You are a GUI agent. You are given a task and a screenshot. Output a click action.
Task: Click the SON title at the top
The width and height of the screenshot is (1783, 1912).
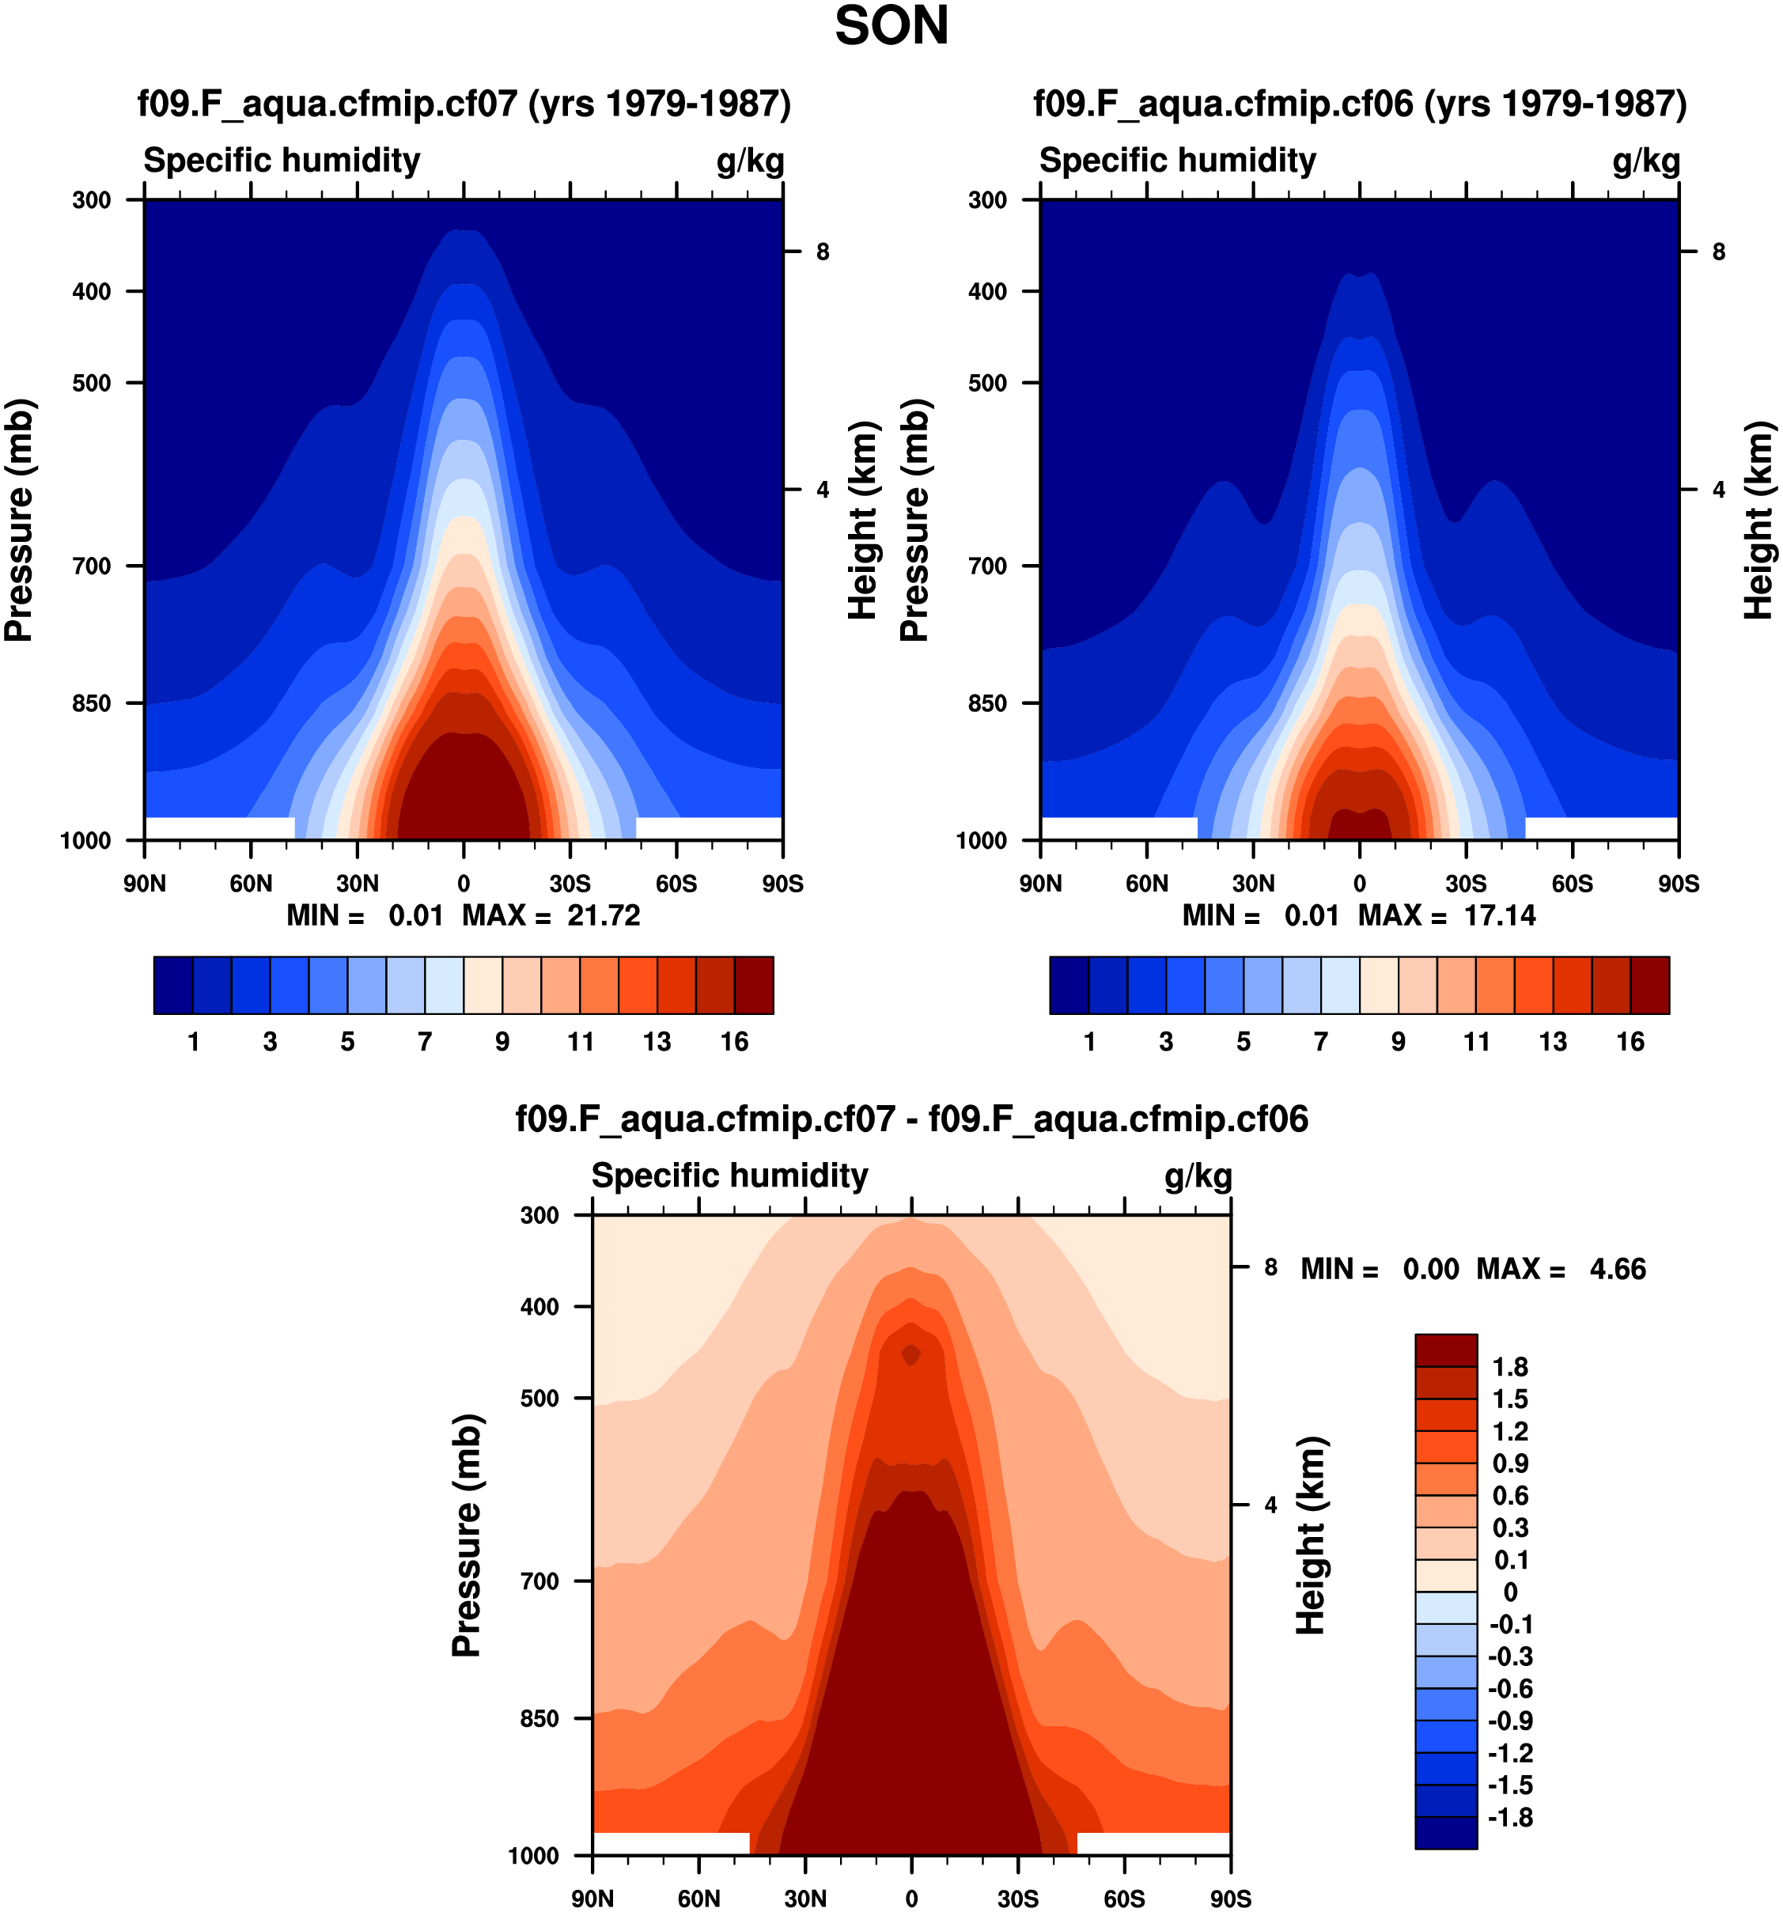tap(891, 27)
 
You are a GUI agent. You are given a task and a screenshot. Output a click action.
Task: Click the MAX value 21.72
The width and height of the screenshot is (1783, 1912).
tap(603, 914)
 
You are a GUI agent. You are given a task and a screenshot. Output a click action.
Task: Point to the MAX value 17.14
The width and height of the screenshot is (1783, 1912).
tap(1499, 914)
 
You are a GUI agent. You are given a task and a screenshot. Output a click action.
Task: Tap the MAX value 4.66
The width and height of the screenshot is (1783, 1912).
tap(1618, 1269)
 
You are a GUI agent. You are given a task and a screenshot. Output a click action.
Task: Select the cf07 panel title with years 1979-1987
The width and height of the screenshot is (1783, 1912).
tap(464, 103)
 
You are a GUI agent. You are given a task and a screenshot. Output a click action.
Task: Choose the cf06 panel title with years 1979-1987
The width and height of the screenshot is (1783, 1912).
tap(1360, 103)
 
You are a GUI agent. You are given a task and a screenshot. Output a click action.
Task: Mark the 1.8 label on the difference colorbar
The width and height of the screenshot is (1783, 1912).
tap(1510, 1367)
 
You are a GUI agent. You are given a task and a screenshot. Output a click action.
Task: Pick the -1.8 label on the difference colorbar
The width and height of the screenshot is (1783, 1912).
tap(1509, 1817)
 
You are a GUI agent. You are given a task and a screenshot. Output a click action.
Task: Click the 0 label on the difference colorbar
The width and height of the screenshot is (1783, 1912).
tap(1510, 1592)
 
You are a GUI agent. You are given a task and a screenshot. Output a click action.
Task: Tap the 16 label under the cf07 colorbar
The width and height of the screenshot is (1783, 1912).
tap(735, 1042)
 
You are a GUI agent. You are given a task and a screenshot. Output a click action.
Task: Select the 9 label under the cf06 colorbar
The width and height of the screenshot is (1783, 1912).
tap(1399, 1042)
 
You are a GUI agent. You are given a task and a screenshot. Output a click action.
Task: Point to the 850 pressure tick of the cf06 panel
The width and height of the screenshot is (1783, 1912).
tap(988, 703)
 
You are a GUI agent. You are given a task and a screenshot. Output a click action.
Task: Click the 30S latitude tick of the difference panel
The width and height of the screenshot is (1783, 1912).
tap(1017, 1898)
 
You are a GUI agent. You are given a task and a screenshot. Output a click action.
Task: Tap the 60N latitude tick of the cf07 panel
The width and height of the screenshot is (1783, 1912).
tap(251, 883)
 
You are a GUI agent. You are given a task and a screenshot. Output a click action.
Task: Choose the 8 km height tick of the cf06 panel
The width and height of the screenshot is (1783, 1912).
tap(1719, 252)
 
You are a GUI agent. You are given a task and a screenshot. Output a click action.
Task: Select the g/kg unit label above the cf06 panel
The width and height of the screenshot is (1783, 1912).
tap(1646, 161)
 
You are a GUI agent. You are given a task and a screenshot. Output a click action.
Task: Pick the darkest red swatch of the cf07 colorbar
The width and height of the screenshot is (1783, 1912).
tap(754, 985)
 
